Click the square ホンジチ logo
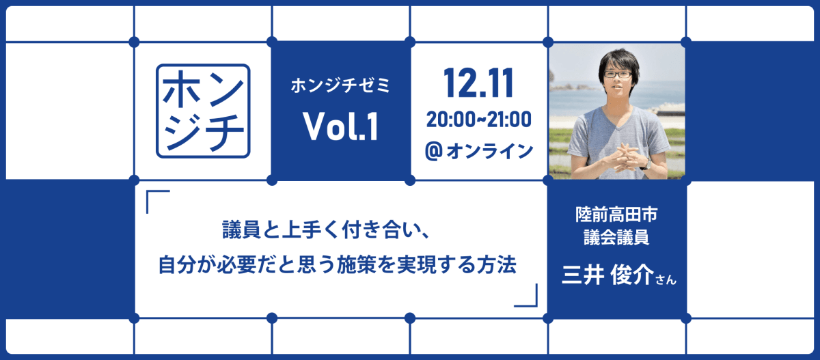point(203,111)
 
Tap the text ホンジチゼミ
point(340,85)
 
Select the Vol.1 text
point(340,126)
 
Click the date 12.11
point(478,83)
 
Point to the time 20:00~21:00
point(478,120)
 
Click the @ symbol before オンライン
point(434,151)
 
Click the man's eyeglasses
point(618,74)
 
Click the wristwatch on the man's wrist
point(646,164)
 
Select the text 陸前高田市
point(616,214)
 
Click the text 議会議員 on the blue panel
point(616,237)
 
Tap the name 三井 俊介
point(607,275)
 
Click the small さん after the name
point(666,280)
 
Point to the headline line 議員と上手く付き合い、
point(325,230)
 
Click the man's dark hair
point(618,59)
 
